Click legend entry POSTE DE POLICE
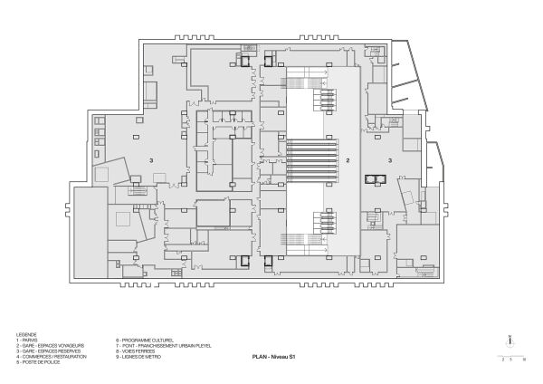(x=36, y=359)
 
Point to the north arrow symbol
(x=511, y=342)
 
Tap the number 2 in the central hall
(x=348, y=160)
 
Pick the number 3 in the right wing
(x=390, y=160)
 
